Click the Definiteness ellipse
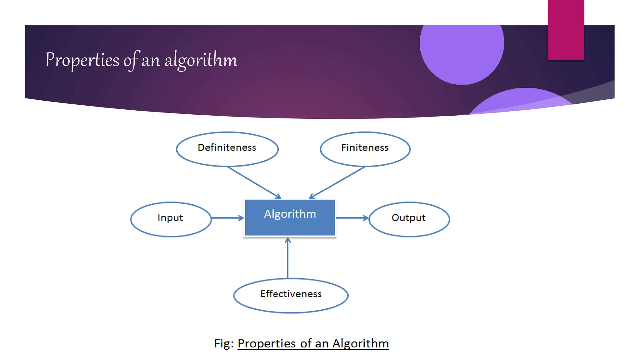click(x=227, y=149)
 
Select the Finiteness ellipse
click(x=365, y=149)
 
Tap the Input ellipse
click(x=171, y=219)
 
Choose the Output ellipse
click(x=409, y=219)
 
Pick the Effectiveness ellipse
click(x=291, y=295)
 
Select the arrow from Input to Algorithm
click(x=227, y=218)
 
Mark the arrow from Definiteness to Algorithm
click(x=254, y=182)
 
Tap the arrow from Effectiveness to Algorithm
click(x=288, y=258)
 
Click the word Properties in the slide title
click(x=82, y=60)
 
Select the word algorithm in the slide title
click(x=201, y=60)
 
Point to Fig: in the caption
click(x=224, y=343)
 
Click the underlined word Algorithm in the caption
click(x=360, y=343)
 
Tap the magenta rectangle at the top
click(x=566, y=30)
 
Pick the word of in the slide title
click(x=131, y=60)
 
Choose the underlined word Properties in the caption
click(x=267, y=343)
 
